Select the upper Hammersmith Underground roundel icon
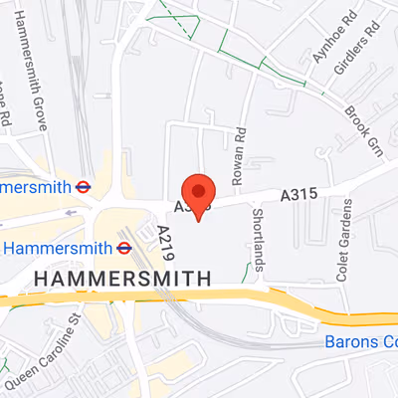(85, 186)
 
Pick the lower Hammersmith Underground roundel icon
(125, 247)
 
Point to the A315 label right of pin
(298, 196)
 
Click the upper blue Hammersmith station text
(36, 186)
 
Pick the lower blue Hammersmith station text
(59, 247)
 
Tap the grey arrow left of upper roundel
(71, 211)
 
